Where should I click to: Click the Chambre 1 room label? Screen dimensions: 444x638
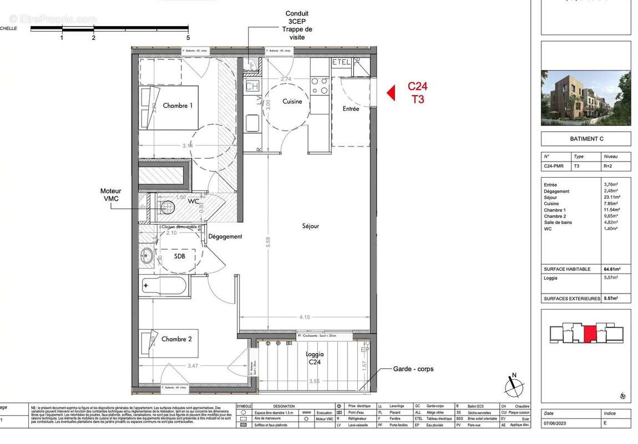[x=178, y=105]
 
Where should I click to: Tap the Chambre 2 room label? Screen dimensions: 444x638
[x=177, y=339]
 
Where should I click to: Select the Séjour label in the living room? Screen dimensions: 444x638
[x=311, y=226]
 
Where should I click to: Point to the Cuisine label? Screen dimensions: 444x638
[x=292, y=102]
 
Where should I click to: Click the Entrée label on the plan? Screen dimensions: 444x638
[x=351, y=109]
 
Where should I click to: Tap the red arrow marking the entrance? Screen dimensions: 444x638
[x=391, y=92]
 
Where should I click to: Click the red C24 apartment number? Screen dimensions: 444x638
[x=418, y=87]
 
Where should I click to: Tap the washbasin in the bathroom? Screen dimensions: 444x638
[x=147, y=256]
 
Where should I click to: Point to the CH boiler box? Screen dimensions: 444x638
[x=252, y=86]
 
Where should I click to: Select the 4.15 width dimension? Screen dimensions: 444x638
[x=303, y=317]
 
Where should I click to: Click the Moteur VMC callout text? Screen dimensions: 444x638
[x=110, y=195]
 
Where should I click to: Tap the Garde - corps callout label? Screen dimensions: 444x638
[x=413, y=369]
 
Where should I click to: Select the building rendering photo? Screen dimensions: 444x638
[x=585, y=98]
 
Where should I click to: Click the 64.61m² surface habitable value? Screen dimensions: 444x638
[x=612, y=269]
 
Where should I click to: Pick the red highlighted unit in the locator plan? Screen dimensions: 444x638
[x=590, y=335]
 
